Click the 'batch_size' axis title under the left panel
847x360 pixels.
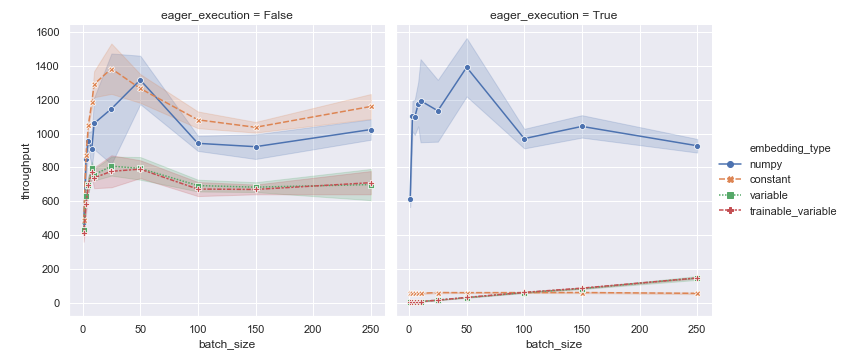pyautogui.click(x=225, y=344)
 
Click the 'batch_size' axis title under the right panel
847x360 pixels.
pyautogui.click(x=552, y=344)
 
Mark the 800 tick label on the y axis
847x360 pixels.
pyautogui.click(x=50, y=168)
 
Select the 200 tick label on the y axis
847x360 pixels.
pyautogui.click(x=50, y=270)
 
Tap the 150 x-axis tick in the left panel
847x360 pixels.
pyautogui.click(x=256, y=327)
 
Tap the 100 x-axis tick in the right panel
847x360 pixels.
pyautogui.click(x=524, y=327)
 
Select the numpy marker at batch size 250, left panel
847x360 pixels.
pyautogui.click(x=371, y=130)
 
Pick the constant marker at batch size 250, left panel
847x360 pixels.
pyautogui.click(x=371, y=106)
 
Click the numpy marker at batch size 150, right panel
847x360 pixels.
pyautogui.click(x=582, y=126)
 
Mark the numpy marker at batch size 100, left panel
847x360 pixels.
pyautogui.click(x=198, y=143)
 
